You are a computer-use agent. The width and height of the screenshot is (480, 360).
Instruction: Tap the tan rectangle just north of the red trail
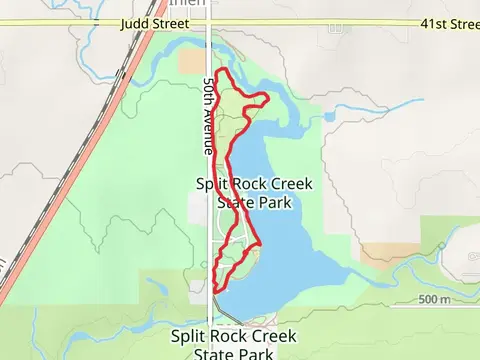(191, 60)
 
